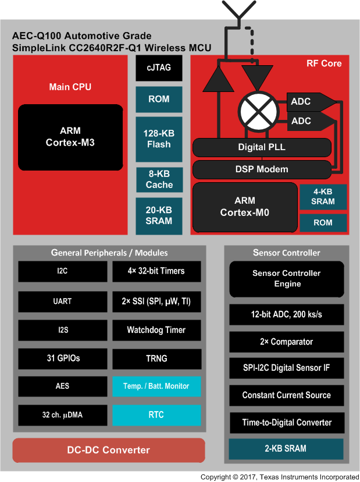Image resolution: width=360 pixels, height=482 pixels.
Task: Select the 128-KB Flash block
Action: pos(159,139)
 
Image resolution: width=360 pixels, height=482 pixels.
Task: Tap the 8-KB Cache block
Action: pos(159,179)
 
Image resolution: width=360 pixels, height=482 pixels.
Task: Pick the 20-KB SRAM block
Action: pos(159,215)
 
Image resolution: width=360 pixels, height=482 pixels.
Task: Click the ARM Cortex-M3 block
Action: pos(70,137)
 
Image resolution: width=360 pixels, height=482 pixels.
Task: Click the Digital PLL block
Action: pos(262,147)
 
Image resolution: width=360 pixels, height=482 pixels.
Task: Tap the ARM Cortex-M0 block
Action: pos(244,207)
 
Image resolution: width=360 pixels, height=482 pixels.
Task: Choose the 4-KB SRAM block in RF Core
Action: pos(323,197)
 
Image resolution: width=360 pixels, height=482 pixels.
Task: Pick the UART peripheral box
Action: pos(62,302)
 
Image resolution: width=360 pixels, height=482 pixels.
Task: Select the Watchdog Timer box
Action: pos(156,330)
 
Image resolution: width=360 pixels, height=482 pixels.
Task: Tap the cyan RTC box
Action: pos(156,415)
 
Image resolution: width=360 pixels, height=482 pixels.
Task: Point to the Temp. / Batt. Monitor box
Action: pos(156,386)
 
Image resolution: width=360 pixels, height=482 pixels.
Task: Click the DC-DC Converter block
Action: pos(109,450)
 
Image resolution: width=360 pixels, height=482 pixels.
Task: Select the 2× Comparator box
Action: pos(286,342)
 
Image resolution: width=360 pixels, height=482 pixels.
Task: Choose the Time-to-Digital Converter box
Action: pos(286,423)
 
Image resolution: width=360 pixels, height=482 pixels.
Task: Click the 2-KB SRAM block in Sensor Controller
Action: pos(286,448)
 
